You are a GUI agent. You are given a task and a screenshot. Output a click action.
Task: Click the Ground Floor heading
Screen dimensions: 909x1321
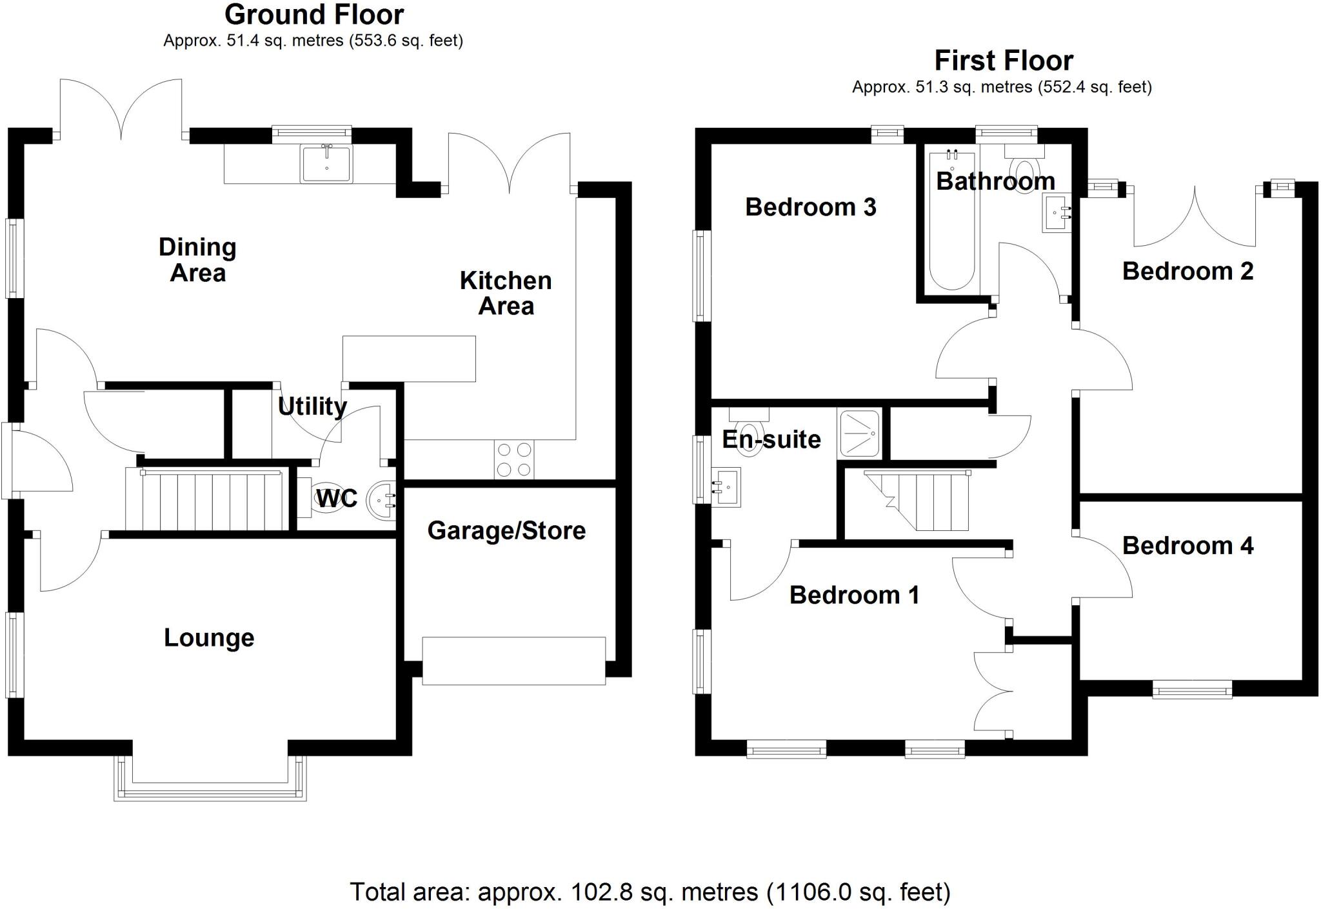click(x=314, y=14)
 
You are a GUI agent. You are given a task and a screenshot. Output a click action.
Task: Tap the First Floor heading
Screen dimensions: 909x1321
click(x=1003, y=61)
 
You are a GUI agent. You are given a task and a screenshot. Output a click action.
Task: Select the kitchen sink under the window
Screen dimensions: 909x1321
click(x=326, y=163)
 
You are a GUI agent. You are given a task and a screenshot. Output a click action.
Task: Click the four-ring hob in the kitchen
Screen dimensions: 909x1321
click(x=515, y=459)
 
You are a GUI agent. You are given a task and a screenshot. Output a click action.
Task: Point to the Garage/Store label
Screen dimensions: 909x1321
click(x=506, y=530)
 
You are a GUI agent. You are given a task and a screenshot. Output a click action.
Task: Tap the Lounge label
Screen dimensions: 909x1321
click(x=209, y=637)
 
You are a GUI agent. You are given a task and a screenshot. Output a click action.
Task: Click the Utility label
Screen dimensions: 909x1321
click(x=312, y=406)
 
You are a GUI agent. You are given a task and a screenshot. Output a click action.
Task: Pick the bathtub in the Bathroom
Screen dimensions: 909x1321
click(x=952, y=219)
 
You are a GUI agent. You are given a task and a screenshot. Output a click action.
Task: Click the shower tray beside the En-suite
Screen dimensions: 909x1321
click(x=860, y=434)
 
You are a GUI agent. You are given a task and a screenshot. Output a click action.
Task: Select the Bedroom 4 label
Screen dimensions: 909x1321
click(x=1187, y=546)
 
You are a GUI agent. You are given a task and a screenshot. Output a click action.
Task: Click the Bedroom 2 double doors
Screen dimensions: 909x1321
click(x=1195, y=216)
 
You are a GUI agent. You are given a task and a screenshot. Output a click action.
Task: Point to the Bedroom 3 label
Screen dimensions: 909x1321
click(x=810, y=207)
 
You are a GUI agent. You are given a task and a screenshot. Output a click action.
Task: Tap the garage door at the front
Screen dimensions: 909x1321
click(x=513, y=660)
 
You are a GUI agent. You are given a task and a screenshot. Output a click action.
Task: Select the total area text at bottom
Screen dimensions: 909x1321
click(x=650, y=892)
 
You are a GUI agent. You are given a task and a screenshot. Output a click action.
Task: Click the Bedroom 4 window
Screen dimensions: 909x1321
click(x=1192, y=691)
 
